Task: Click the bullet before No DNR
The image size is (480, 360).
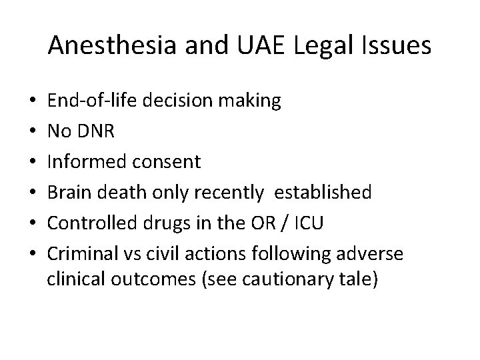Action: pos(32,131)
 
